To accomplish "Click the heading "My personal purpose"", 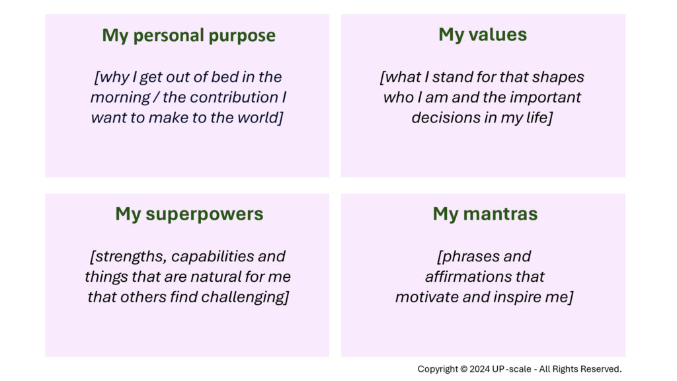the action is pos(188,36).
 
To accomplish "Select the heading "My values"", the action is pos(483,34).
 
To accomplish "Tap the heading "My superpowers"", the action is pos(189,214).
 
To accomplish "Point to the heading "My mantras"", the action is pos(485,214).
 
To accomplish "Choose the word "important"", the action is pos(545,97).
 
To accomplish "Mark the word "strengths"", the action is pos(130,257).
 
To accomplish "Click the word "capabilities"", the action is pos(212,257).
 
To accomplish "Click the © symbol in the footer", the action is pos(463,369).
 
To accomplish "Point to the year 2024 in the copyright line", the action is pos(480,369).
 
